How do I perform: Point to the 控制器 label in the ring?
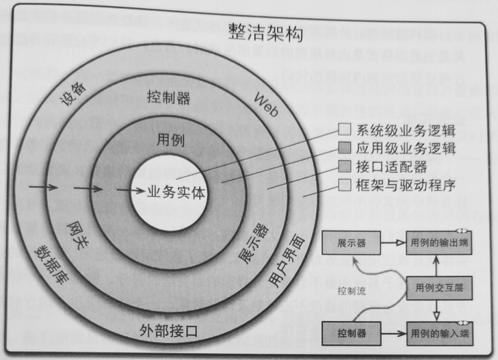coord(168,98)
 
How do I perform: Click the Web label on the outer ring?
coord(265,107)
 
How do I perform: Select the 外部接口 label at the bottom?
coord(168,331)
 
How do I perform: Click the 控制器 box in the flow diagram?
coord(351,333)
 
